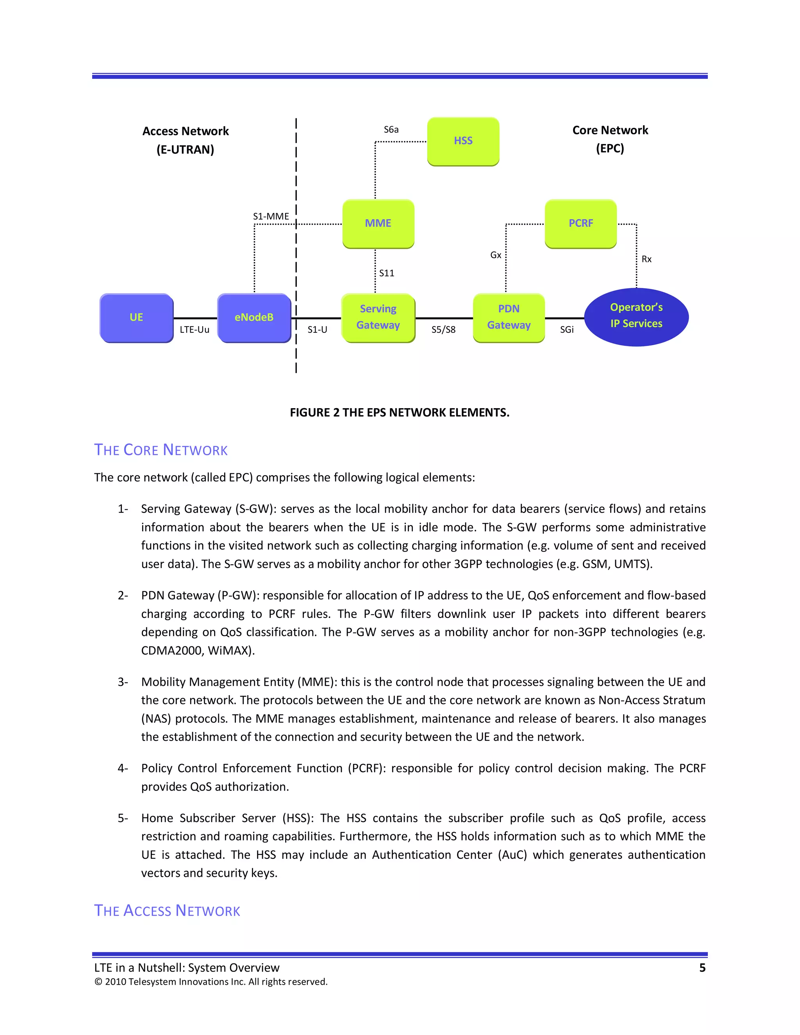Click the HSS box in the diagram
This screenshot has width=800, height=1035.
coord(463,141)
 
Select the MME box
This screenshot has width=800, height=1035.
coord(378,223)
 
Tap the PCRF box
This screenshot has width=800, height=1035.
coord(580,223)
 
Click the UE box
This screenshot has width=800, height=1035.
coord(136,318)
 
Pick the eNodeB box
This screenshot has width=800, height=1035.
coord(254,318)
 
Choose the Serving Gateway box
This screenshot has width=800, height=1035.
coord(378,317)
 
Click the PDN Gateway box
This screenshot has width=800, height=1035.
coord(509,317)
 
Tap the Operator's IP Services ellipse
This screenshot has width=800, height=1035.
coord(636,316)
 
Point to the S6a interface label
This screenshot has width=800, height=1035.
coord(391,130)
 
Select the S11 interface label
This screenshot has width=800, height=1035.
coord(387,273)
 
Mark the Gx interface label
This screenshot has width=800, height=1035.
coord(496,255)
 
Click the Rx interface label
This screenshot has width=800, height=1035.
coord(646,259)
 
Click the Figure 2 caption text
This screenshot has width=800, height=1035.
coord(400,413)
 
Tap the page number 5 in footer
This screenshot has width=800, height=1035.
coord(702,968)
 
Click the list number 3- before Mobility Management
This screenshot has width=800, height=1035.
coord(123,682)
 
